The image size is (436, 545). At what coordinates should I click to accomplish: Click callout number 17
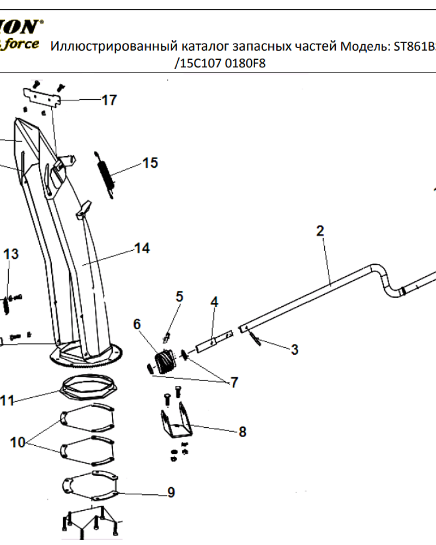pos(109,100)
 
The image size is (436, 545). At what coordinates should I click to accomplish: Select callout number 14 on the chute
pos(142,249)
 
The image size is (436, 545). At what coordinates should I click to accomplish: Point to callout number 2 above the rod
pos(320,231)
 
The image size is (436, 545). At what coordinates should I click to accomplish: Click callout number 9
pos(171,493)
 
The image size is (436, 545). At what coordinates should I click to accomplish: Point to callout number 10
pos(18,442)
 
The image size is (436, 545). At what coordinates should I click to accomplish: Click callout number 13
pos(11,254)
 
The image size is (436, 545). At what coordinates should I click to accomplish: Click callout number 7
pos(234,382)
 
